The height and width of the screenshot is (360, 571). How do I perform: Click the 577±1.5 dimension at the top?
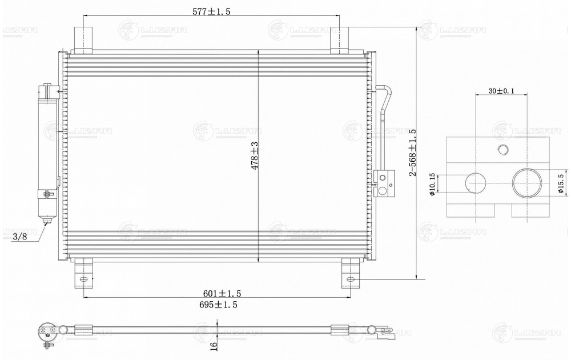tap(211, 11)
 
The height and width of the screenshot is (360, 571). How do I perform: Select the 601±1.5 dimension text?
tap(222, 293)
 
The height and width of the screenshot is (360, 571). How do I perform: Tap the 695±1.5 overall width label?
tap(218, 305)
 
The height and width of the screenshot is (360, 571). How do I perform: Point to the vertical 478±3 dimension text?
tap(255, 155)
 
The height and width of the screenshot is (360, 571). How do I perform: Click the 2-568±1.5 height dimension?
tap(412, 153)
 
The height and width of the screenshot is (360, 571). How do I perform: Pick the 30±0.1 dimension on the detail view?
tap(501, 91)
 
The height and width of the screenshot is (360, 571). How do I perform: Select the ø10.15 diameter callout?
tap(432, 185)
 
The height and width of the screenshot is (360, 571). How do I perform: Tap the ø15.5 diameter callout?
tap(561, 182)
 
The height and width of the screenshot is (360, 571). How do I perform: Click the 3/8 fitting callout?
tap(20, 237)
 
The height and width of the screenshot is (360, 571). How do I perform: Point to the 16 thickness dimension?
tap(214, 345)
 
